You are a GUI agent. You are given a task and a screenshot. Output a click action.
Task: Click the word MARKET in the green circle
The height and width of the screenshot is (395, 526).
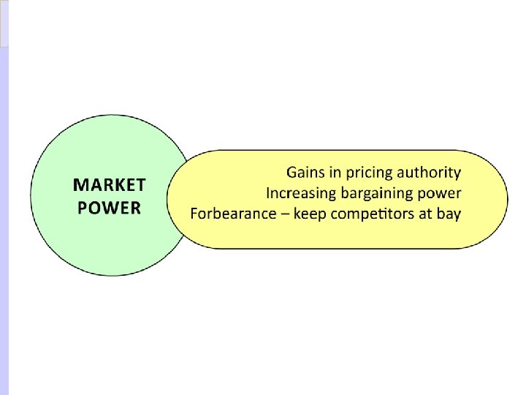coord(110,185)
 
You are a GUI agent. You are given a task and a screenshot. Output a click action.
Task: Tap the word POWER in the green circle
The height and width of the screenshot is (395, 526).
coord(110,208)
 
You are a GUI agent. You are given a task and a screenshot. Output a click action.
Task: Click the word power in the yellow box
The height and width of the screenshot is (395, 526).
coord(441,195)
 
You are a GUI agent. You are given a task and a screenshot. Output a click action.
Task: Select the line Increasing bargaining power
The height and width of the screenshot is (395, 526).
coord(364,194)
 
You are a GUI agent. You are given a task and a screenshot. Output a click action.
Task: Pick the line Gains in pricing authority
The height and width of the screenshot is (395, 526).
coord(374,173)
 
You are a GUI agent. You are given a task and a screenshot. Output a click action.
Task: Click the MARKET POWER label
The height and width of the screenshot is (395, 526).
coord(110,196)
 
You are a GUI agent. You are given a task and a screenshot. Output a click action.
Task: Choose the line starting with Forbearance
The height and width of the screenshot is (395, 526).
coord(326,214)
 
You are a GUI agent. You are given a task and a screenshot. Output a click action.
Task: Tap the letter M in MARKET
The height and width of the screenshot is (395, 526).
coord(81,185)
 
